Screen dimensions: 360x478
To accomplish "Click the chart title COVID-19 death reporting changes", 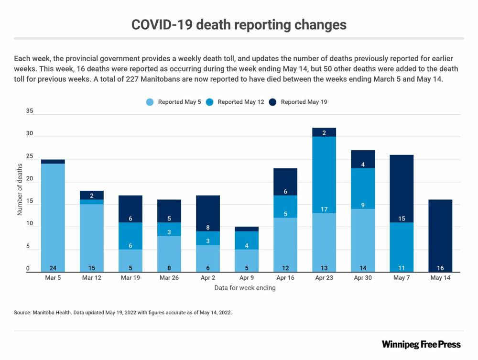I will [x=239, y=25].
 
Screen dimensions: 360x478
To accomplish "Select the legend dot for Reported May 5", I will [x=150, y=102].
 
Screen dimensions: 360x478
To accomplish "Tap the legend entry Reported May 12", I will [x=240, y=102].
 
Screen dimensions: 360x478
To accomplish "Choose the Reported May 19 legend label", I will [x=304, y=102].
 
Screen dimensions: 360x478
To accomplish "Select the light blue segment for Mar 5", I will [x=53, y=218].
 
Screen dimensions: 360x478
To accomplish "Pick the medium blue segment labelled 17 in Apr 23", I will [x=324, y=175].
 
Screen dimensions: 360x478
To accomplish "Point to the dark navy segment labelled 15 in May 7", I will [x=402, y=188].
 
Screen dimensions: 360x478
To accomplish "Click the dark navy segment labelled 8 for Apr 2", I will [x=208, y=213].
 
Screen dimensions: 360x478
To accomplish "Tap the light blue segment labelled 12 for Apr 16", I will [x=285, y=245].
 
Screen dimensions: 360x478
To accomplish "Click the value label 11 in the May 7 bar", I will [x=402, y=268].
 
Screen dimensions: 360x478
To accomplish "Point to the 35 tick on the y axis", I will [x=30, y=111].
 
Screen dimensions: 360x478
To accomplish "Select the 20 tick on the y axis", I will [x=30, y=179].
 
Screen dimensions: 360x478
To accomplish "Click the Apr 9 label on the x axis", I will [x=247, y=278].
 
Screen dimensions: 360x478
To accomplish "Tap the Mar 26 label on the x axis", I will [x=169, y=278].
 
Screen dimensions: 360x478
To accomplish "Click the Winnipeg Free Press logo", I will [x=421, y=344].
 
